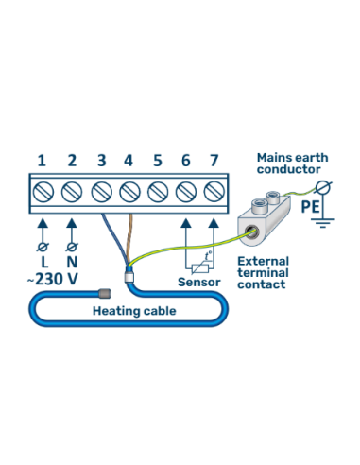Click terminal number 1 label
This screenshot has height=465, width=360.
point(42,161)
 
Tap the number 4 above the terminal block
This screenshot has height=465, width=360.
point(128,161)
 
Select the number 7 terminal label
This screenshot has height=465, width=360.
point(214,161)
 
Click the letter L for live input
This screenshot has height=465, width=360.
point(42,261)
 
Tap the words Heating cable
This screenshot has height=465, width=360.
point(129,310)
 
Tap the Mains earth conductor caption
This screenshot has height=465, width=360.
point(293,164)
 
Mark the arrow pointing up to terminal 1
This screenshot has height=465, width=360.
point(42,229)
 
